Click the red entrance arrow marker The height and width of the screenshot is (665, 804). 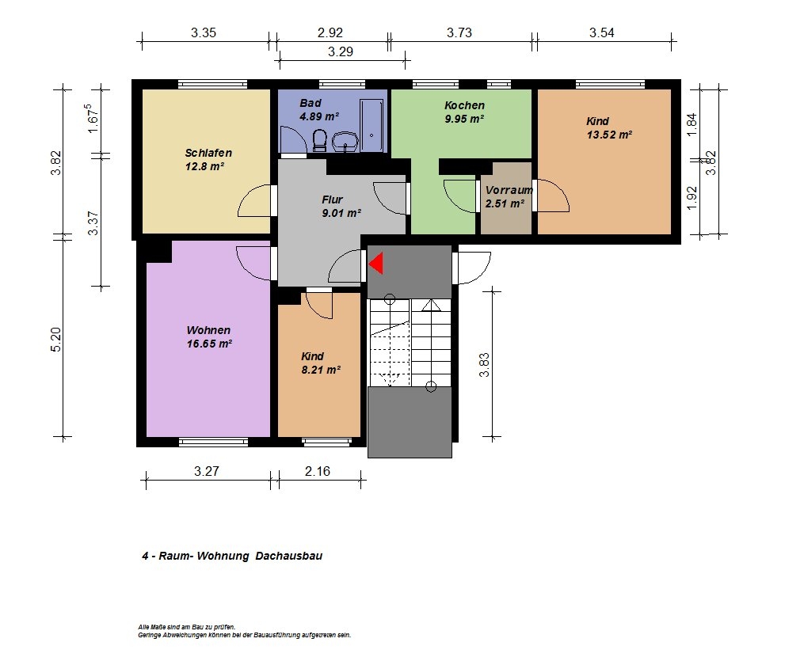377,263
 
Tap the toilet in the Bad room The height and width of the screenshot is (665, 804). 319,140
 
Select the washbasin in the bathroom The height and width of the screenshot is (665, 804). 346,142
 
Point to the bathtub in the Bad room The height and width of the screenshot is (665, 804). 372,126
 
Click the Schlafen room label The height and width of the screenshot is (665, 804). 208,153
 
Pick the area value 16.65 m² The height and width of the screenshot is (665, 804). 209,344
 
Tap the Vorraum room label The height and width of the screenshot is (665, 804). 509,190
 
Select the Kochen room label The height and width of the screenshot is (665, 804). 464,105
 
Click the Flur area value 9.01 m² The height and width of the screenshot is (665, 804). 341,213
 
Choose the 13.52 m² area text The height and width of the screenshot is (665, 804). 609,135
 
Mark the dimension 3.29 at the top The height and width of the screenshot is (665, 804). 341,51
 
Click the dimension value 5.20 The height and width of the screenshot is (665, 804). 56,340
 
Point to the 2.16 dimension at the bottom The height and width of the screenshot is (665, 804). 318,471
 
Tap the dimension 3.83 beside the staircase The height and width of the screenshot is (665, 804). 484,365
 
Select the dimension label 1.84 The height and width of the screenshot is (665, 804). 692,124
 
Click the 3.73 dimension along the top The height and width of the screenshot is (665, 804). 459,32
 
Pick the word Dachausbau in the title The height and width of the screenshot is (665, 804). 288,556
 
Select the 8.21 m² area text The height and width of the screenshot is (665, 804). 321,370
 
